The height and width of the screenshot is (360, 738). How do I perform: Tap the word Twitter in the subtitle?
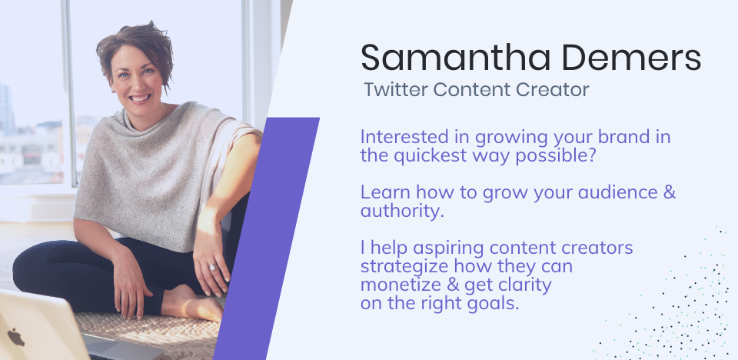(x=395, y=89)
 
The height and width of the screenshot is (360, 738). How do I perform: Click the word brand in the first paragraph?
(x=607, y=138)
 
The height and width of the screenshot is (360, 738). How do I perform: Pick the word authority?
(x=401, y=211)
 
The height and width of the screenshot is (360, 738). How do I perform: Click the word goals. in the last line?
(x=493, y=302)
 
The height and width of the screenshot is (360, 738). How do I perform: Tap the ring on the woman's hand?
(x=212, y=267)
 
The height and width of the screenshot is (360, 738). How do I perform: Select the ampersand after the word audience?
(x=668, y=193)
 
